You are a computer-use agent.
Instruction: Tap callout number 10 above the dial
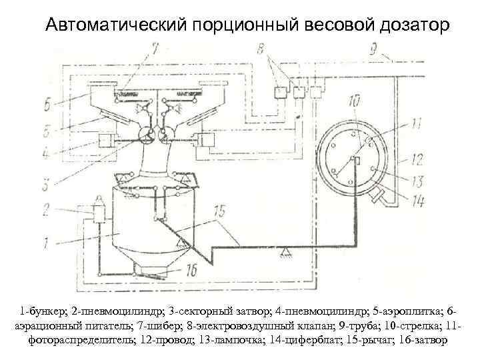coord(353,101)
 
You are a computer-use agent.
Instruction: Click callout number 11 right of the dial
coord(416,122)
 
